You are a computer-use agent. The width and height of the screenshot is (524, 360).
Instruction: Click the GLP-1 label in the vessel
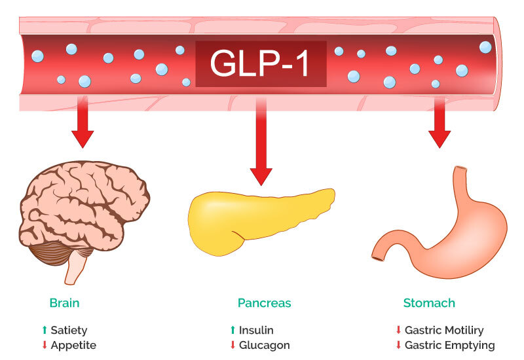pyautogui.click(x=261, y=63)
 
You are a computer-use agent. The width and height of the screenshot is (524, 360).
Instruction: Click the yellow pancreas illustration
pyautogui.click(x=259, y=216)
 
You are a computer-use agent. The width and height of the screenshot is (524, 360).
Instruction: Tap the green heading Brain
pyautogui.click(x=64, y=304)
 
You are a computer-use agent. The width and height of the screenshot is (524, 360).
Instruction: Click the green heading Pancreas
pyautogui.click(x=264, y=304)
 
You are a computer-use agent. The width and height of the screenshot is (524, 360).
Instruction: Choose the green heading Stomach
pyautogui.click(x=429, y=304)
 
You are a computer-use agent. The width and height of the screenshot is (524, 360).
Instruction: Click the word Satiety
pyautogui.click(x=69, y=331)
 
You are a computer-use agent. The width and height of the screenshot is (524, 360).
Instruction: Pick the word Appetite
pyautogui.click(x=73, y=345)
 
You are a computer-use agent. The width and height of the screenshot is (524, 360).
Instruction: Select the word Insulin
pyautogui.click(x=256, y=331)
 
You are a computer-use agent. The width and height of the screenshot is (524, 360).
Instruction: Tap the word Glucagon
pyautogui.click(x=264, y=345)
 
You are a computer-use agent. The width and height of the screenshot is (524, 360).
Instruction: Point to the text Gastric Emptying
pyautogui.click(x=449, y=345)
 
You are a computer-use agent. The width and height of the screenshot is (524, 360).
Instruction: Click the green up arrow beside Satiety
pyautogui.click(x=45, y=331)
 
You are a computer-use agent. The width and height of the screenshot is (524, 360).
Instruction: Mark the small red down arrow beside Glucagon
pyautogui.click(x=233, y=345)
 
